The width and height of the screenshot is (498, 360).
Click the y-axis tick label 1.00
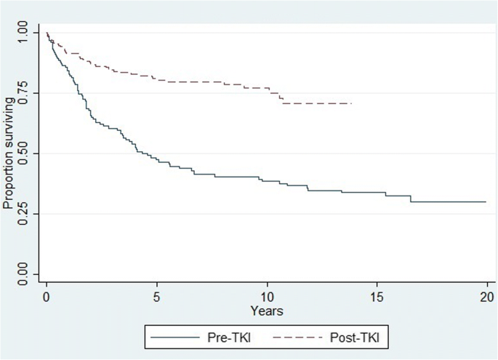[x=26, y=33]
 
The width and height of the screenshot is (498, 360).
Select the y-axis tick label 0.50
[x=26, y=153]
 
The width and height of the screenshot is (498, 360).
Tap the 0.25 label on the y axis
[x=26, y=214]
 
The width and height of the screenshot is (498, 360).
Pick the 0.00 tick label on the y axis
[x=26, y=274]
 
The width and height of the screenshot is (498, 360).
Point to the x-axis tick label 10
[x=267, y=297]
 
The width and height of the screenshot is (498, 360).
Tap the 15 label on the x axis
[x=377, y=297]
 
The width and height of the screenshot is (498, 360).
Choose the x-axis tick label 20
[x=486, y=297]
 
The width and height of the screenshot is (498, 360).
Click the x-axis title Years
[x=267, y=311]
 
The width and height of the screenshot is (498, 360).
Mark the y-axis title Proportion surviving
[x=8, y=153]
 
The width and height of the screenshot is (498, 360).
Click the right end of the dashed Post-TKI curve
[x=351, y=103]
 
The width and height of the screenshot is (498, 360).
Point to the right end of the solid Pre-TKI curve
[x=486, y=201]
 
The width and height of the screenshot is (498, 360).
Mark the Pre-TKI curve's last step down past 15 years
[x=411, y=199]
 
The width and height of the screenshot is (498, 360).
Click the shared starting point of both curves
[x=47, y=33]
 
